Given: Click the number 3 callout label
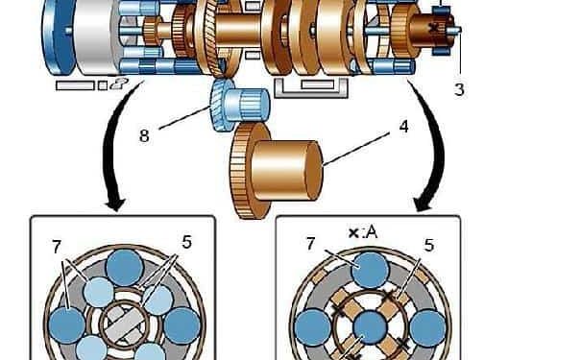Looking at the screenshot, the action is pyautogui.click(x=459, y=89).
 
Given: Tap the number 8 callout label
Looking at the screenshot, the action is pyautogui.click(x=144, y=135).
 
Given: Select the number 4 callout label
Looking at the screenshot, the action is pyautogui.click(x=404, y=127).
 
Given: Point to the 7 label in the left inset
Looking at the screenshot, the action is pyautogui.click(x=57, y=247).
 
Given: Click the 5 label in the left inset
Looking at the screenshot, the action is pyautogui.click(x=186, y=242).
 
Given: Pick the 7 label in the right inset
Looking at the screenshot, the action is pyautogui.click(x=310, y=244).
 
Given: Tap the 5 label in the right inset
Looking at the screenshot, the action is pyautogui.click(x=428, y=245).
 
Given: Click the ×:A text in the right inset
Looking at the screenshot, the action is pyautogui.click(x=363, y=232).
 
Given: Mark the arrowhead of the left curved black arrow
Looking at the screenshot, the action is pyautogui.click(x=115, y=204).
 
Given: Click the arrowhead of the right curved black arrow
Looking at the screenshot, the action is pyautogui.click(x=424, y=204).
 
